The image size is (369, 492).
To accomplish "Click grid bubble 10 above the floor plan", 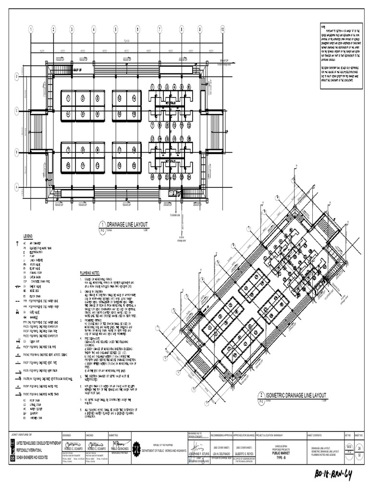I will click(222, 29).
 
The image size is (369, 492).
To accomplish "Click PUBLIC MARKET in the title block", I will click(282, 453).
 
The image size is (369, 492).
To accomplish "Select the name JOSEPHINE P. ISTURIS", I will click(198, 453).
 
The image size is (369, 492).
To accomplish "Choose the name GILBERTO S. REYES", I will click(245, 453).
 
